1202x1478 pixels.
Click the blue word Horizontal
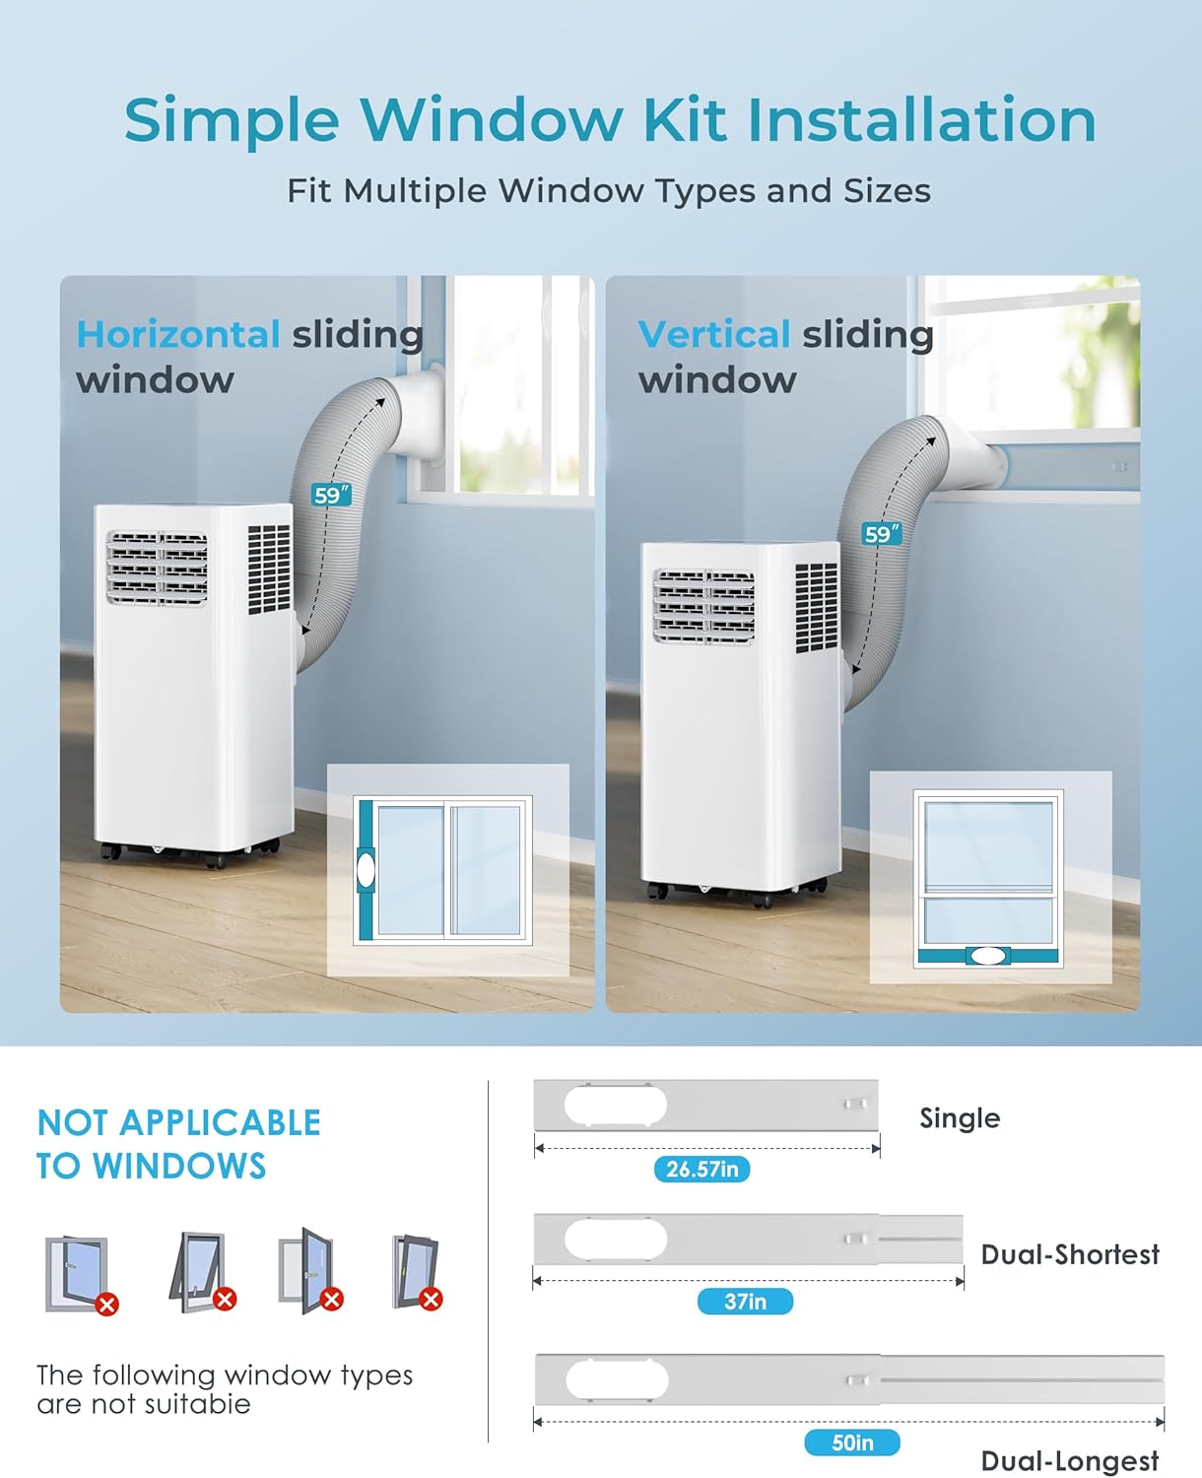point(178,335)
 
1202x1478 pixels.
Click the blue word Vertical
point(713,335)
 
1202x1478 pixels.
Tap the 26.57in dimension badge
point(701,1170)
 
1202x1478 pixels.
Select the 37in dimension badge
point(745,1302)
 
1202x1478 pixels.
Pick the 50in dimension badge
point(852,1443)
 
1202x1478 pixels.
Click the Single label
point(959,1118)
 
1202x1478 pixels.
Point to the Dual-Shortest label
point(1070,1254)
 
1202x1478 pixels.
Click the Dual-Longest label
point(1070,1461)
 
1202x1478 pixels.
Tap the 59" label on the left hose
point(331,495)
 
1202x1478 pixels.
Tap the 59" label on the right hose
point(881,534)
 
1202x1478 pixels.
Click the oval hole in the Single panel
point(615,1105)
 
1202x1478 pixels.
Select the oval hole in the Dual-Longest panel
point(617,1380)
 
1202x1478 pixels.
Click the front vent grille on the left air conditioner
point(158,568)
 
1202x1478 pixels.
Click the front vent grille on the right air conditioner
point(704,606)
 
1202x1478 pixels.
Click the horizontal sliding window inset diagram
point(447,870)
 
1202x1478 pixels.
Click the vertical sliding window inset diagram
point(989,877)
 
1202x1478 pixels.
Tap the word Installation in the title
point(920,120)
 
